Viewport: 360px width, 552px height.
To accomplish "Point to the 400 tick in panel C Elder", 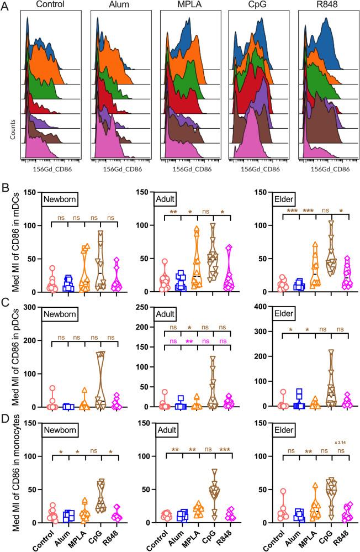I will tap(258, 307).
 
